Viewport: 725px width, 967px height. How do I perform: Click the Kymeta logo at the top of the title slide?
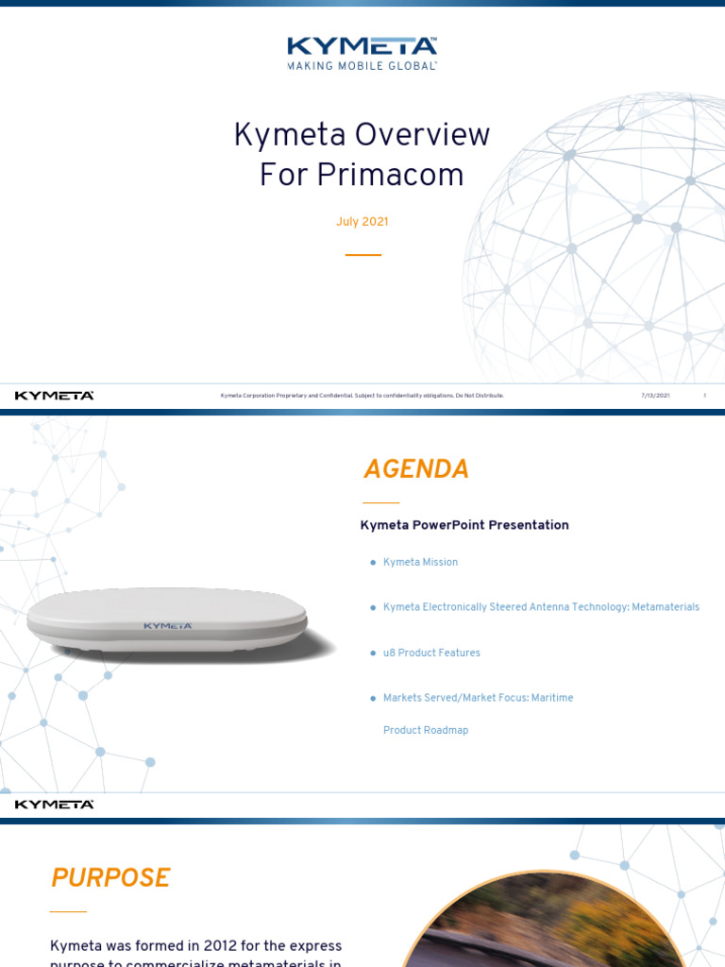[x=362, y=47]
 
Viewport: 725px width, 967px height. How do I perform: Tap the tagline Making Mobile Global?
[x=362, y=66]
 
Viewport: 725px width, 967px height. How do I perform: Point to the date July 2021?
[x=362, y=222]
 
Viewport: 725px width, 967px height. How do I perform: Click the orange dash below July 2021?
[x=362, y=255]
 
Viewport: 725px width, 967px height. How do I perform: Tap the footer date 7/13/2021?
[x=655, y=396]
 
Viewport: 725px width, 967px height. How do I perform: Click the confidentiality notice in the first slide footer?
[x=362, y=396]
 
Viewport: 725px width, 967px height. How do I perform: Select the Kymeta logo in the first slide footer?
[x=54, y=396]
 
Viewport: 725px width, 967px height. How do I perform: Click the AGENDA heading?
[x=416, y=469]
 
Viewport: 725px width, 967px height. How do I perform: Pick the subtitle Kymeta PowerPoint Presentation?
[x=464, y=525]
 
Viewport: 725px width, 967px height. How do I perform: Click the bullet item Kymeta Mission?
[x=420, y=562]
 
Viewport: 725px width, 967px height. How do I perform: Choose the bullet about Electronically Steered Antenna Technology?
[x=541, y=607]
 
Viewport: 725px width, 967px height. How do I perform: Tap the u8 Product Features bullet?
[x=431, y=653]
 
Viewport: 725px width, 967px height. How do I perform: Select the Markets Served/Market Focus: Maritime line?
[x=478, y=698]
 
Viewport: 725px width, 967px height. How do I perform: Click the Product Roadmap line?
[x=426, y=730]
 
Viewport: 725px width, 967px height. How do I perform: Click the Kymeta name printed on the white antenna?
[x=167, y=625]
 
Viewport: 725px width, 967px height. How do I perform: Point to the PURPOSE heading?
[x=110, y=878]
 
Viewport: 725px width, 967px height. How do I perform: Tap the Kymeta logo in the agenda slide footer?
[x=54, y=805]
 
